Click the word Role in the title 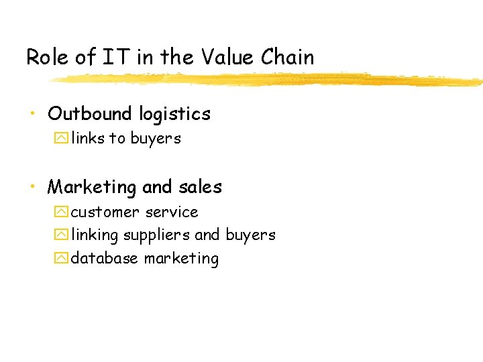[x=48, y=58]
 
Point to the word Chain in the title [x=287, y=58]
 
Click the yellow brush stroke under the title [x=268, y=80]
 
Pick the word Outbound [x=91, y=114]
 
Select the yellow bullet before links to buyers [x=62, y=139]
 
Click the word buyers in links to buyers [x=156, y=139]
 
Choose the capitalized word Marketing [x=93, y=187]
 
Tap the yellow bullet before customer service [x=62, y=213]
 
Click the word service [x=172, y=213]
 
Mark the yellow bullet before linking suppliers [x=62, y=235]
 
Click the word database [x=105, y=258]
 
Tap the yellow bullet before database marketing [x=62, y=258]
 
